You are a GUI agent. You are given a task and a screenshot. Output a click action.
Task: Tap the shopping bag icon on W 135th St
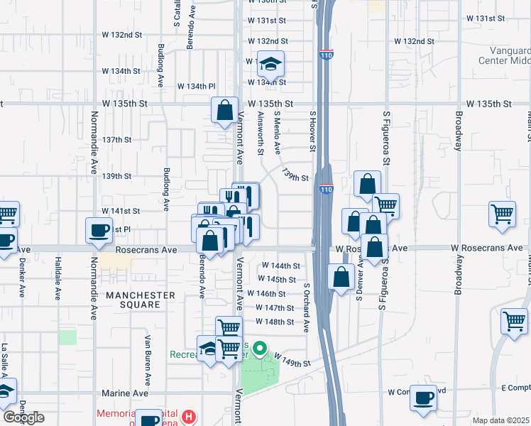[x=224, y=111]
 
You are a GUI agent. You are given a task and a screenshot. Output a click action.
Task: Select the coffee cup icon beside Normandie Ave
[x=99, y=230]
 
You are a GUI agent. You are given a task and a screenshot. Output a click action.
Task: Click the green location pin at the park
[x=260, y=349]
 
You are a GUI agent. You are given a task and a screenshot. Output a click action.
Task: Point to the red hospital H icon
[x=188, y=415]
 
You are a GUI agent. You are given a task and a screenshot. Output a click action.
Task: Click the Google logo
[x=24, y=417]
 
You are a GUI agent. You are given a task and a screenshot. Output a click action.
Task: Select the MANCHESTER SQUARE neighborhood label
[x=140, y=300]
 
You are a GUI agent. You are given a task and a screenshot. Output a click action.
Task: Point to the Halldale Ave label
[x=58, y=278]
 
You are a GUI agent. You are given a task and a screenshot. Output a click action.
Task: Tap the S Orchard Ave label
[x=307, y=308]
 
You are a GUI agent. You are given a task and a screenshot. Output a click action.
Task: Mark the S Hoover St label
[x=312, y=131]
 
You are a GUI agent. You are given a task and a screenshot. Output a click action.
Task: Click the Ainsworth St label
[x=261, y=133]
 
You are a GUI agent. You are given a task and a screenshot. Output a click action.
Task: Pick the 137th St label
[x=117, y=140]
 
